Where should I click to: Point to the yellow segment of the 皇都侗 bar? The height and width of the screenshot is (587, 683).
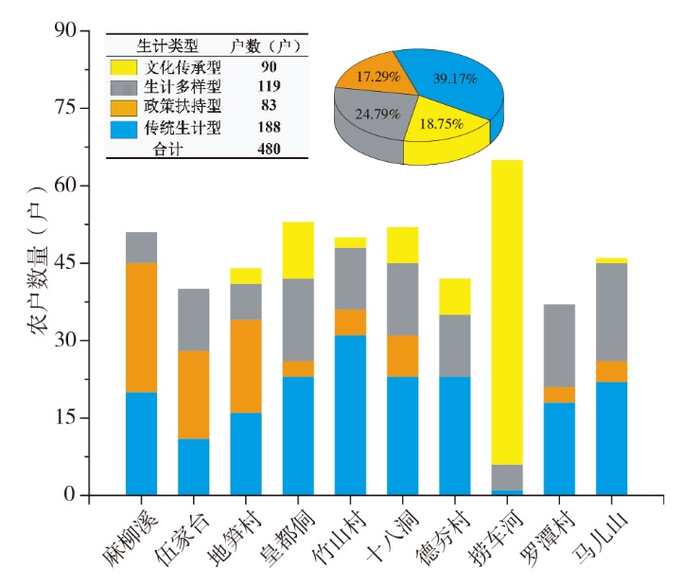click(x=298, y=250)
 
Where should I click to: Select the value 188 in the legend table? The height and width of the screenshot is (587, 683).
click(x=271, y=128)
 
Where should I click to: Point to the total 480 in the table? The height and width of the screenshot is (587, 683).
click(x=271, y=149)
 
